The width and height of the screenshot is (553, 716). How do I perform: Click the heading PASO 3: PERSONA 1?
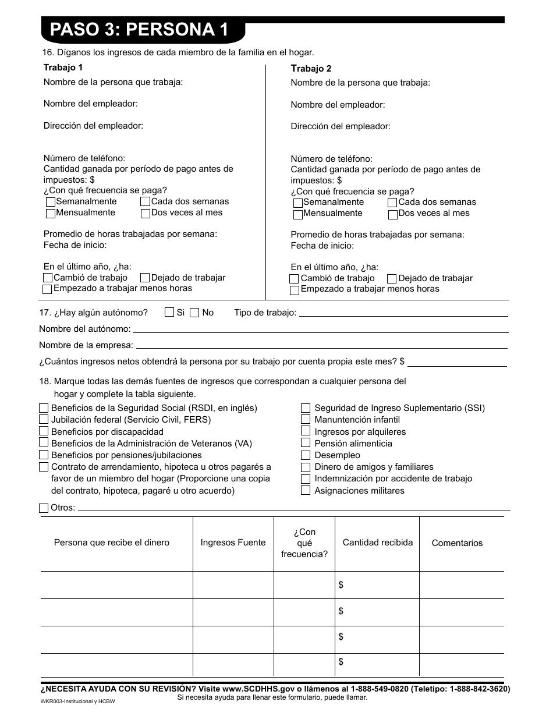139,30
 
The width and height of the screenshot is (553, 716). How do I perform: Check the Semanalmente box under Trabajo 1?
51,202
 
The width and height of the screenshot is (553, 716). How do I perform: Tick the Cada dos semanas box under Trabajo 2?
393,203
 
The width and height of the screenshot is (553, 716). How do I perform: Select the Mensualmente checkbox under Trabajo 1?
51,214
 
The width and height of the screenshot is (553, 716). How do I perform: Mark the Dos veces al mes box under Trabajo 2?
393,214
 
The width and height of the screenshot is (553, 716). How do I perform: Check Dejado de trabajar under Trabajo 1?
145,278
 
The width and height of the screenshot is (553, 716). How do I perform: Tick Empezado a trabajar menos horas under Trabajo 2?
295,289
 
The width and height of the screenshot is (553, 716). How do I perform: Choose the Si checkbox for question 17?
169,313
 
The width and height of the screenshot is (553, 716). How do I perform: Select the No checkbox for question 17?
195,313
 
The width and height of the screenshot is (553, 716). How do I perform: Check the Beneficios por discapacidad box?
44,431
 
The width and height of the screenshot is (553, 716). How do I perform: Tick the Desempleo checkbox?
306,455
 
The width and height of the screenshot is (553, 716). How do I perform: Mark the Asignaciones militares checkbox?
306,491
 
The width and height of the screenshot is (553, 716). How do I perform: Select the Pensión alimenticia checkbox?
306,444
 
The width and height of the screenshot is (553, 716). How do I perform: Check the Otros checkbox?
44,508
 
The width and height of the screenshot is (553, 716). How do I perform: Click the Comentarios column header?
457,543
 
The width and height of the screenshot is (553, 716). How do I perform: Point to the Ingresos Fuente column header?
233,543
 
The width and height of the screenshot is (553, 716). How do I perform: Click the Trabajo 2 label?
311,69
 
